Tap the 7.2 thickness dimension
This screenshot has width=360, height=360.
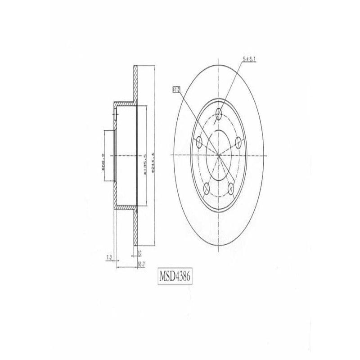click(108, 258)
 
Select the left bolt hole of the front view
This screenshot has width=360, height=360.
click(199, 142)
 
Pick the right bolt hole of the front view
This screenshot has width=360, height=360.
click(239, 142)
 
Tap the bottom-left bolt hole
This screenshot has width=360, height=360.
click(207, 188)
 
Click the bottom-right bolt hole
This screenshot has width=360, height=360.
click(231, 188)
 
